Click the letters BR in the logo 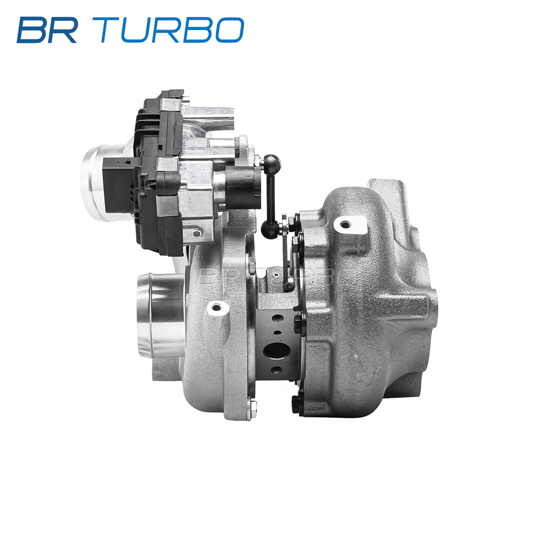(47, 30)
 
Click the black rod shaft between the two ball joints (271, 196)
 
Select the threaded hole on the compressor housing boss (217, 308)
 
